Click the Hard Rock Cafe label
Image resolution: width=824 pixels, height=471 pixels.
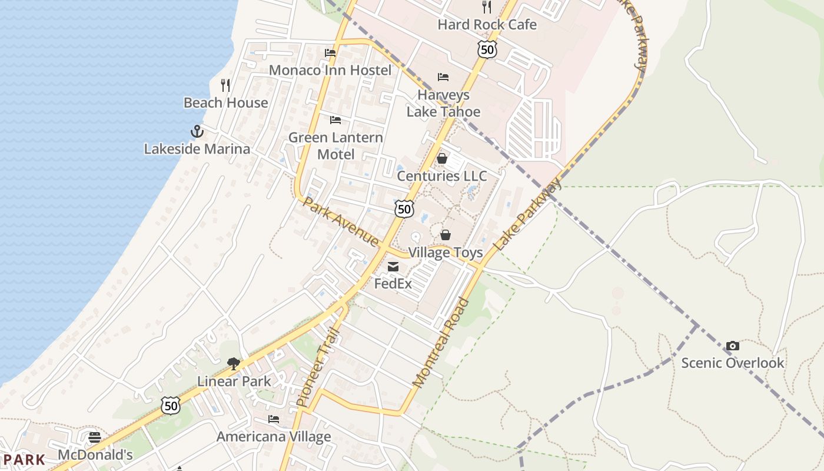pos(487,25)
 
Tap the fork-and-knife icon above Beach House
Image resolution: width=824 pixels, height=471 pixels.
pos(225,85)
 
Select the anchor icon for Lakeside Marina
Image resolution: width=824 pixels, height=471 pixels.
pos(197,131)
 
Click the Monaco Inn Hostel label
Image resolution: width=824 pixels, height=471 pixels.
pos(330,70)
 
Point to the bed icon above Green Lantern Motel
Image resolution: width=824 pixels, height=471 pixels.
pos(335,121)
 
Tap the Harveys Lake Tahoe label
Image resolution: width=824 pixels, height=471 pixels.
pos(443,103)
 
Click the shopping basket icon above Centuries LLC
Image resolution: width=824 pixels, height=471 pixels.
pos(442,159)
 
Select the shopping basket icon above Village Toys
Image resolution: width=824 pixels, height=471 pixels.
pos(446,235)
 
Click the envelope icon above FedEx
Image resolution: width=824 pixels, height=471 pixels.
pos(393,267)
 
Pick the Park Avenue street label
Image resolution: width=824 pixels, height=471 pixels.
pos(341,222)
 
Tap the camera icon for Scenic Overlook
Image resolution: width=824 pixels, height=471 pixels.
pos(733,346)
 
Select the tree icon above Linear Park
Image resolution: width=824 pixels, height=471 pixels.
pos(234,364)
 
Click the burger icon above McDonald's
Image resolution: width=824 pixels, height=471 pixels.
pos(95,437)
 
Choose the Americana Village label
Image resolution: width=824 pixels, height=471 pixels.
pos(274,437)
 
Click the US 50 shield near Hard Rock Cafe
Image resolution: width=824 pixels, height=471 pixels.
pos(487,49)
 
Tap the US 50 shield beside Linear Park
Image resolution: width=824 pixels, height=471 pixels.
pos(171,405)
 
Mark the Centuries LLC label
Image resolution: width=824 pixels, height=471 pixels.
pos(442,176)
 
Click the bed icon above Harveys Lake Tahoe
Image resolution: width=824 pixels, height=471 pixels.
pos(443,77)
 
